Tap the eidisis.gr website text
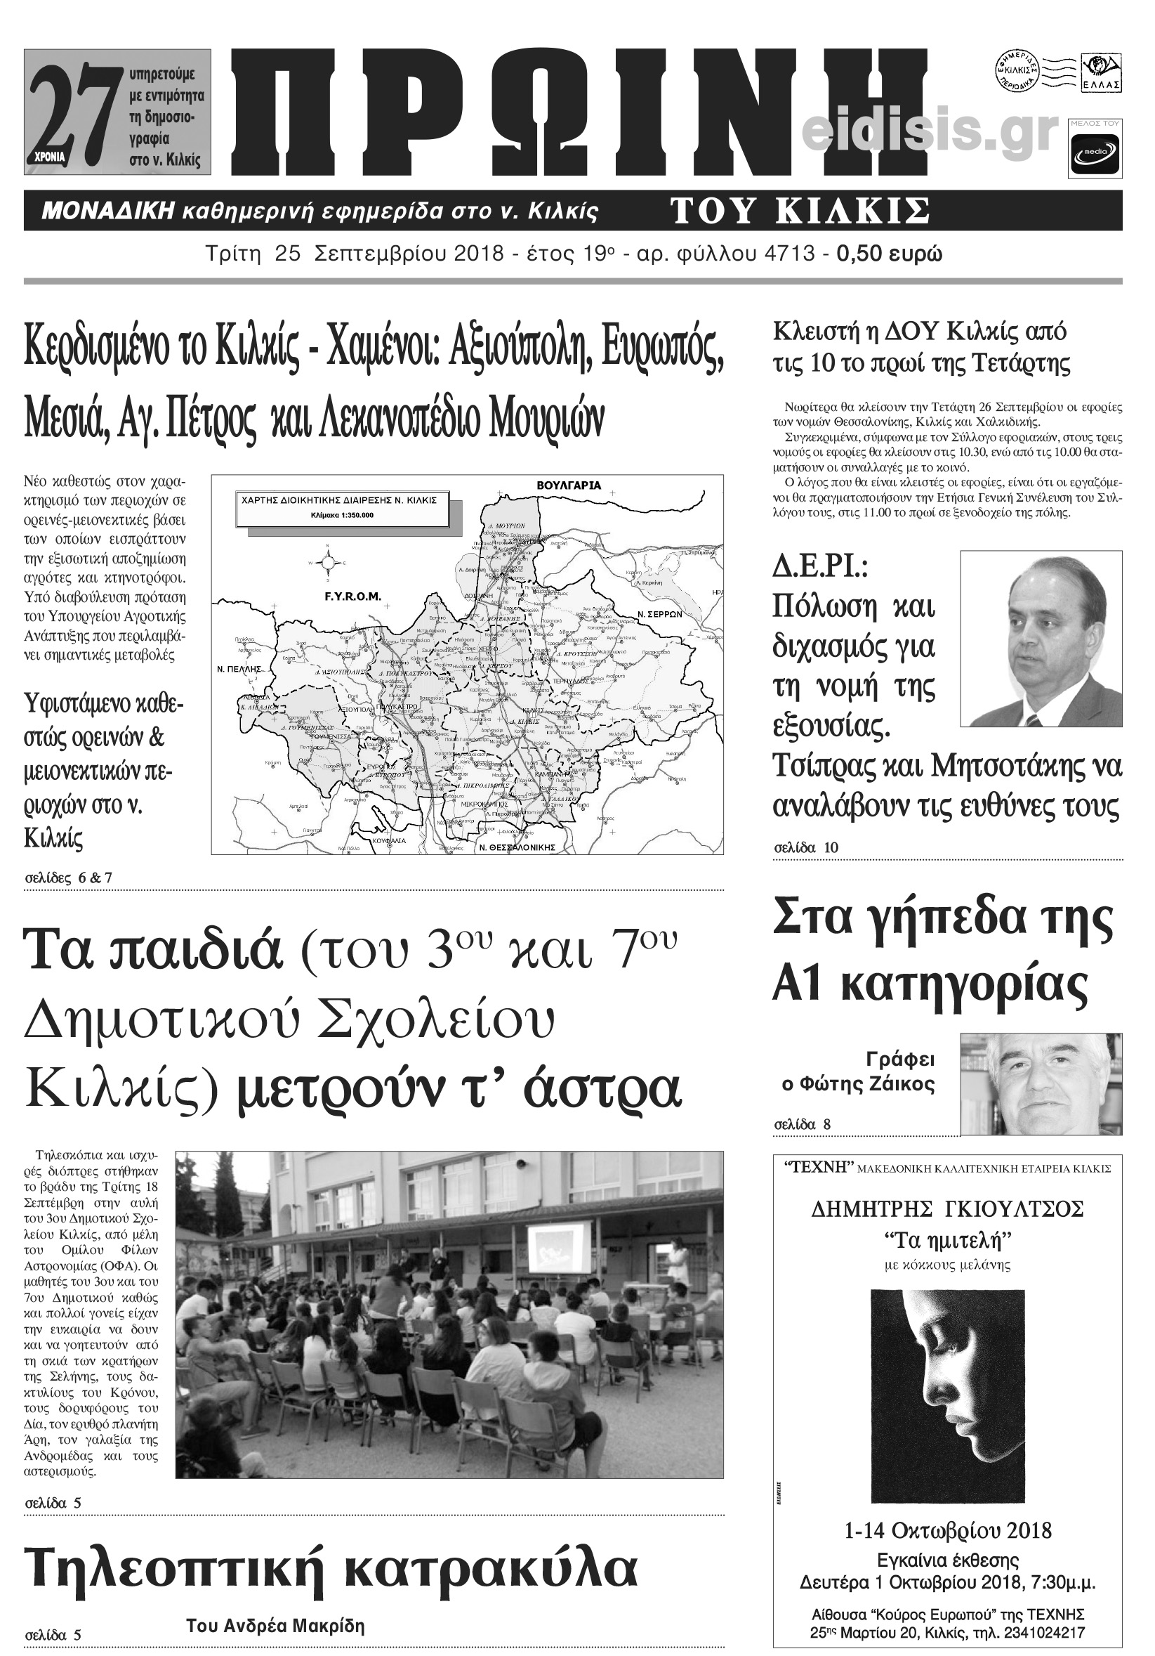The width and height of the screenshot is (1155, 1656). tap(930, 133)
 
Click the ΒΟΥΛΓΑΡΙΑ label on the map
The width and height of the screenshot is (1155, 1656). tap(569, 485)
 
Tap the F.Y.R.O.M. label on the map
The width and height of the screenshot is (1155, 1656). tap(352, 596)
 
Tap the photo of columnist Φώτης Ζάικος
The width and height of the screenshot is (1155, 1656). tap(1041, 1083)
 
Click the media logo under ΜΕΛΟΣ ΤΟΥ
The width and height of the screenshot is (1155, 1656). tap(1095, 155)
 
